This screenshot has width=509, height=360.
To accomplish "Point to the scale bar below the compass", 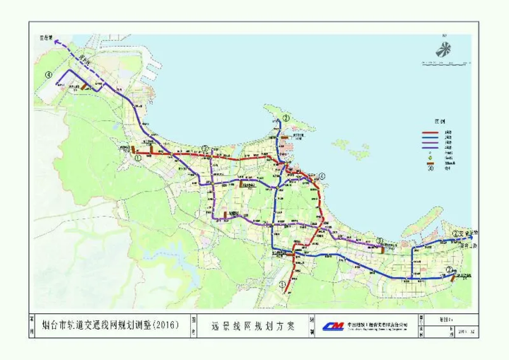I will click(x=444, y=64).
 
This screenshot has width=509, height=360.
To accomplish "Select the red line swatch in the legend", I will click(x=431, y=132).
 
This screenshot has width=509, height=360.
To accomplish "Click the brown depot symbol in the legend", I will click(x=431, y=162).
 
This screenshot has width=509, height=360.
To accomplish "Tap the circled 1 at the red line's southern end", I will click(x=283, y=285).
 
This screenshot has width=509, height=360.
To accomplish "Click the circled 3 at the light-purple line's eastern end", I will click(x=379, y=240).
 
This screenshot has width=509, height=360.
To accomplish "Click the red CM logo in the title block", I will click(x=332, y=326).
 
